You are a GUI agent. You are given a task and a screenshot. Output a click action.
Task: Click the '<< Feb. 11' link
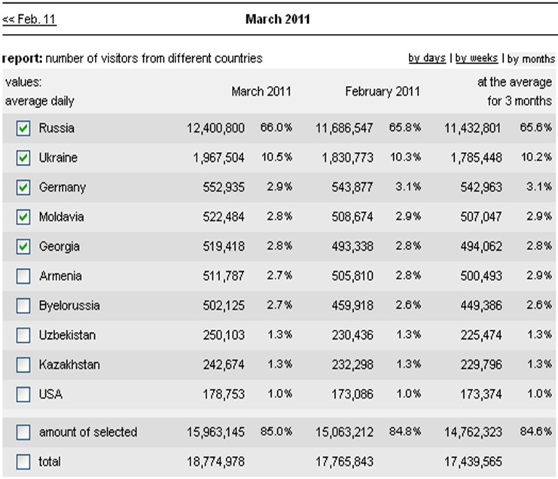click(29, 19)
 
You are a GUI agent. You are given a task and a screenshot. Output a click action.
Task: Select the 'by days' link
click(427, 58)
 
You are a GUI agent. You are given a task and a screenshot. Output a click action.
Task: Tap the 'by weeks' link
click(476, 58)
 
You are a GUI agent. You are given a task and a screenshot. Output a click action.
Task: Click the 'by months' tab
click(531, 59)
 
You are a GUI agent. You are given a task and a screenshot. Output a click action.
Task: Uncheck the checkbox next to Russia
click(23, 128)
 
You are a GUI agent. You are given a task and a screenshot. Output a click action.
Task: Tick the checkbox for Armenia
click(23, 276)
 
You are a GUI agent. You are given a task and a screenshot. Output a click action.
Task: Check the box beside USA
click(23, 395)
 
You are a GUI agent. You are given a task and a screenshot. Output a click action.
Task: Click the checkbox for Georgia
click(23, 246)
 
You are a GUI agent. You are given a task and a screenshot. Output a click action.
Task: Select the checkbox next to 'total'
click(23, 462)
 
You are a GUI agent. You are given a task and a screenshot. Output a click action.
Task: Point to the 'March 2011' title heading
click(278, 20)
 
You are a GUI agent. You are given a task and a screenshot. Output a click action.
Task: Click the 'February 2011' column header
click(383, 91)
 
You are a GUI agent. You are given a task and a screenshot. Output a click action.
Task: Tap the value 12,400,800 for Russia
click(215, 128)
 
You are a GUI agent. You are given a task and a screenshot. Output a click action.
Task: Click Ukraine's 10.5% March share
click(276, 157)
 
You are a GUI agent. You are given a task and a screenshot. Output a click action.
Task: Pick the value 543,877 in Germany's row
click(352, 188)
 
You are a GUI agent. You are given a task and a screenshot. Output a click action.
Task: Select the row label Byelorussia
click(69, 306)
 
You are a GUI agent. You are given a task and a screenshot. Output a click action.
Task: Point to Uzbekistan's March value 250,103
click(224, 335)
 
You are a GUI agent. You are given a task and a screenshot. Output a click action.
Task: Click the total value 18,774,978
click(215, 462)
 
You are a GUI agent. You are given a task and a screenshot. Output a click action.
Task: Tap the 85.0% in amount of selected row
click(276, 432)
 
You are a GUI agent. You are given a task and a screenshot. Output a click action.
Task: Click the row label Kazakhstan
click(69, 365)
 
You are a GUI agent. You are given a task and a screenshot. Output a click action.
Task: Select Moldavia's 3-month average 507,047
click(481, 217)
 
